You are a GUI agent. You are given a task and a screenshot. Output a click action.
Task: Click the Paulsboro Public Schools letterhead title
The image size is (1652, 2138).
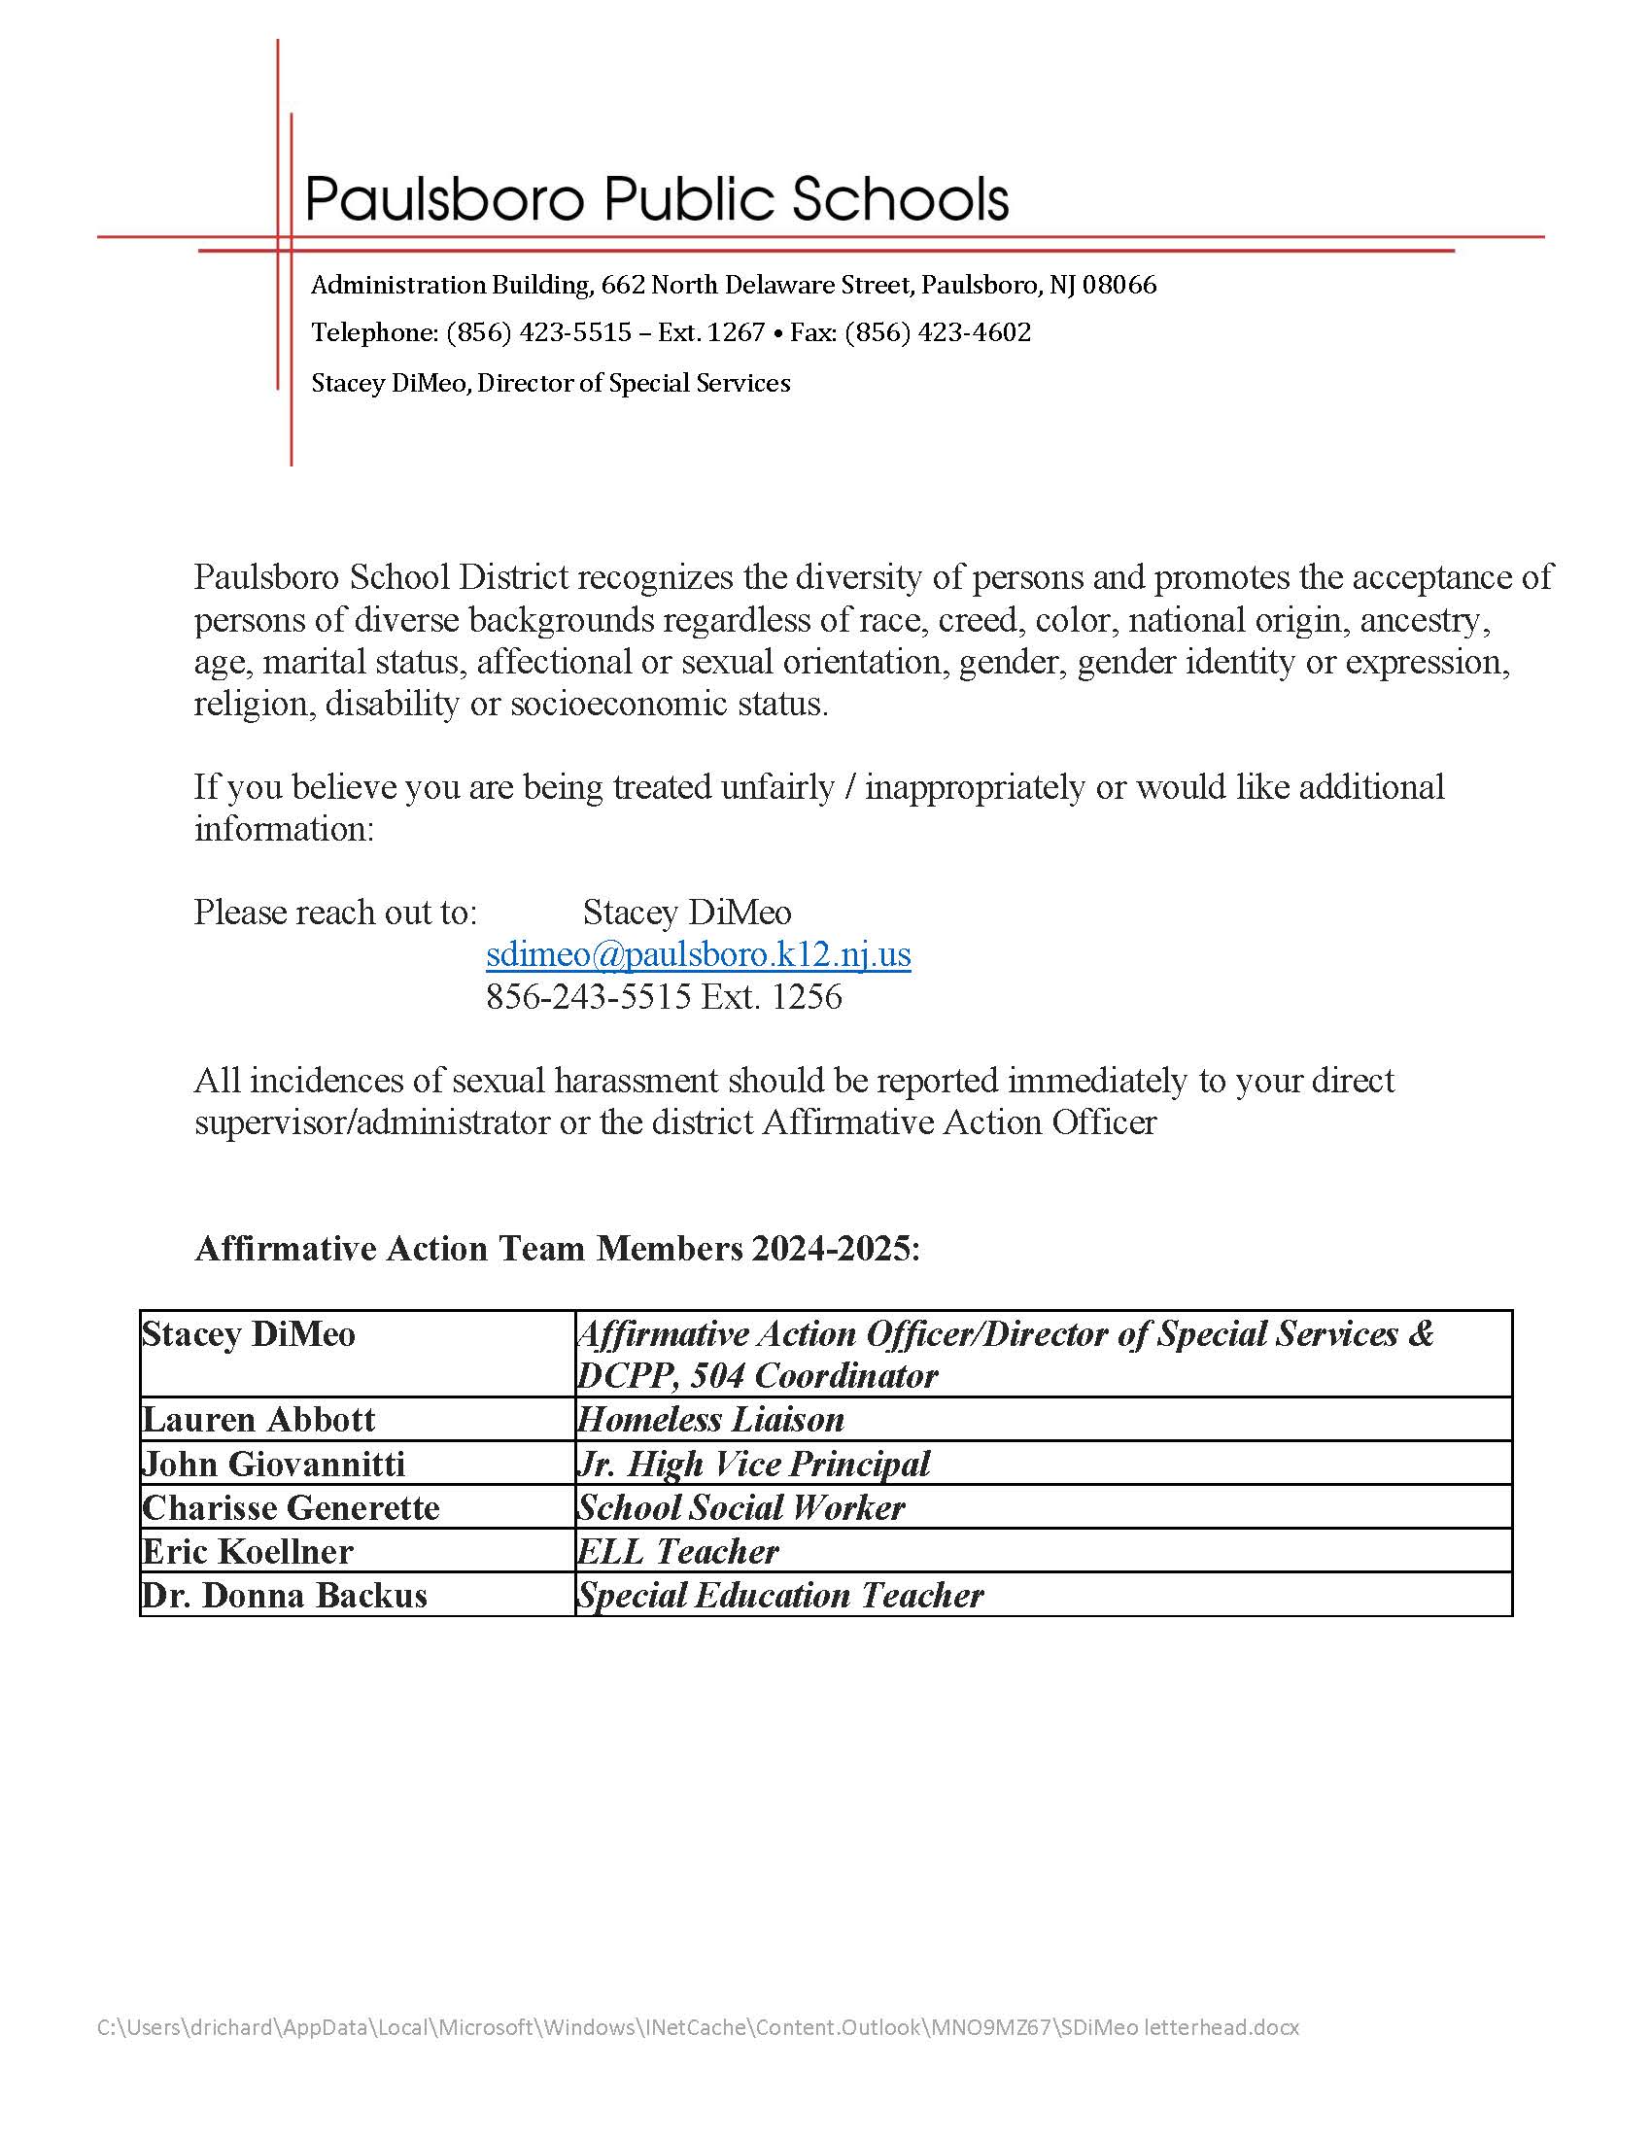[x=657, y=198]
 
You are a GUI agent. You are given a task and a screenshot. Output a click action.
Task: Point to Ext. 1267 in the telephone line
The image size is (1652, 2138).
[x=710, y=332]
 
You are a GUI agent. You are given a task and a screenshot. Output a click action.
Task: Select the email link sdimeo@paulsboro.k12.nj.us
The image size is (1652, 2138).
[x=698, y=953]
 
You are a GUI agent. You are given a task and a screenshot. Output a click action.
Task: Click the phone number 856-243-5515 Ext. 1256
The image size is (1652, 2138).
[x=664, y=996]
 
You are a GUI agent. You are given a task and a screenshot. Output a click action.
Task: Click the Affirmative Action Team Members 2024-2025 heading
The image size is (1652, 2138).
[x=557, y=1249]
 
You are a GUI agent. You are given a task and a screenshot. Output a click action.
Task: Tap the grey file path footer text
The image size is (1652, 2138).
[x=698, y=2027]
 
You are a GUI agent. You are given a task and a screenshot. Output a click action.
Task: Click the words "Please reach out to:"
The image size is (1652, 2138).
[x=335, y=913]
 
